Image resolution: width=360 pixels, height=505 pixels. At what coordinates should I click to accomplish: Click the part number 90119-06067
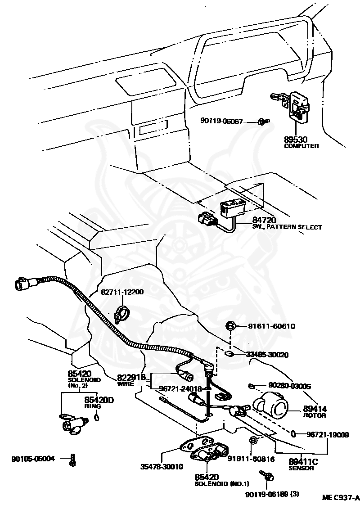click(x=221, y=122)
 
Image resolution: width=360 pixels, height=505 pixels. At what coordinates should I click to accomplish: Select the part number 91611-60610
click(x=271, y=326)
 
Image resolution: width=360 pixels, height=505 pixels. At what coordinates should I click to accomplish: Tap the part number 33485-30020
click(x=267, y=355)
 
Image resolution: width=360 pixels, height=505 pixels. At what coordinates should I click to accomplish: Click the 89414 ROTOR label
click(x=315, y=411)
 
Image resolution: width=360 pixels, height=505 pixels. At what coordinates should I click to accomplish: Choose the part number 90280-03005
click(x=289, y=386)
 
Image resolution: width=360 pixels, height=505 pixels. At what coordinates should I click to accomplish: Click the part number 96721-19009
click(x=327, y=434)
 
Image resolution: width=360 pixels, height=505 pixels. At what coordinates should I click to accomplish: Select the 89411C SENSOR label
click(x=303, y=464)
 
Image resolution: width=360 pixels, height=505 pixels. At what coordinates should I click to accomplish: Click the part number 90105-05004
click(x=33, y=459)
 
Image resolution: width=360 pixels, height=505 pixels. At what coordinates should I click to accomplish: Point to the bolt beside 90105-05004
click(x=72, y=460)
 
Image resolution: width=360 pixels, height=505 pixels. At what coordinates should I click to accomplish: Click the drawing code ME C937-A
click(x=341, y=498)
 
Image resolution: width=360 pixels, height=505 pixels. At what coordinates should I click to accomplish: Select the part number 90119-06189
click(x=272, y=494)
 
